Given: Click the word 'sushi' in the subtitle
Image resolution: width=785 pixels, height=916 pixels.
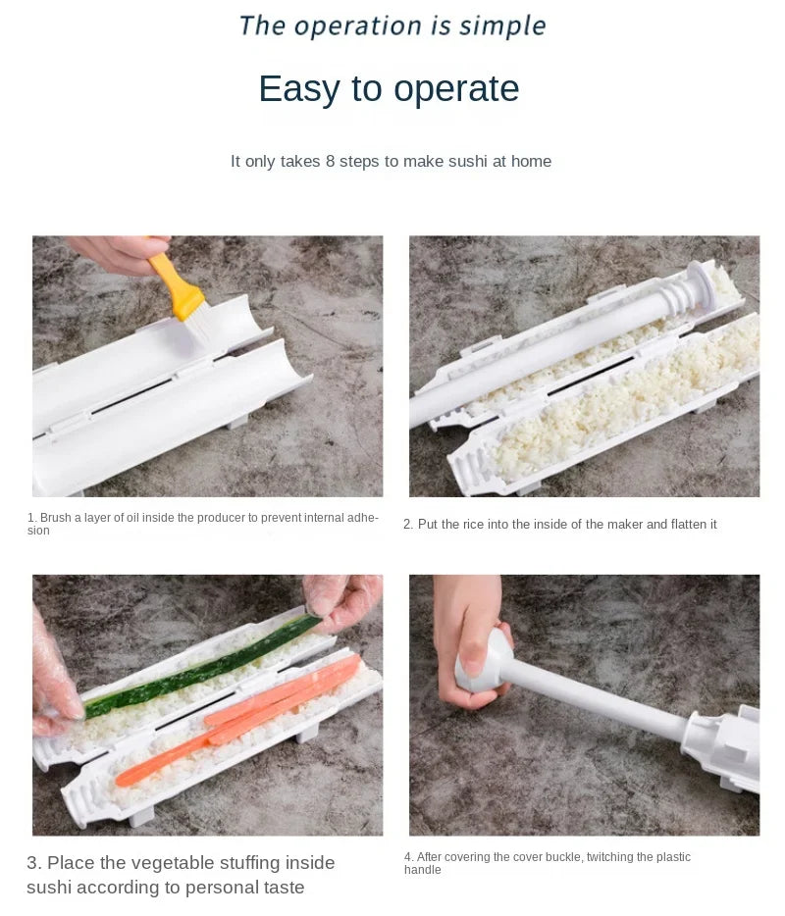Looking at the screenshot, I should (x=467, y=161).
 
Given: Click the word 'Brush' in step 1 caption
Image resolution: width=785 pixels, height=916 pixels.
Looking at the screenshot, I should (x=57, y=517).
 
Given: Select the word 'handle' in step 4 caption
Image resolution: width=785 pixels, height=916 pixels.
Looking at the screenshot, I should (x=422, y=870).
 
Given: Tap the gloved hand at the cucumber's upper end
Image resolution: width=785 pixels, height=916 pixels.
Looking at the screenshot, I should (x=343, y=600).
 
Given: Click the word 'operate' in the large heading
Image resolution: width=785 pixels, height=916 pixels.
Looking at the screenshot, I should (x=455, y=89).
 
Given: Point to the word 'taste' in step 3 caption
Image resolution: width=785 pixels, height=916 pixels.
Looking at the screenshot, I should (x=282, y=888).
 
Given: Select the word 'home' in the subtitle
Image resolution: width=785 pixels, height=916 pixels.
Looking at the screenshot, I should (x=531, y=161).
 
